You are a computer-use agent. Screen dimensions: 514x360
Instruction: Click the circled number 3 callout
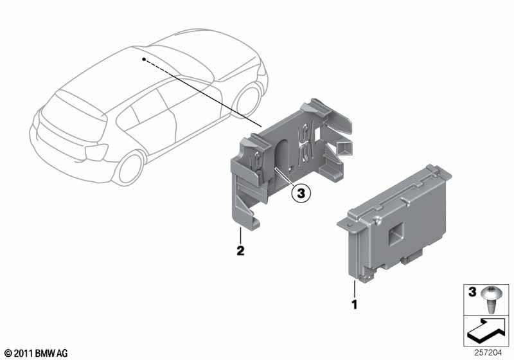coord(301,193)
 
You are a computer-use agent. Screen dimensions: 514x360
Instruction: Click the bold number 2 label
coord(240,251)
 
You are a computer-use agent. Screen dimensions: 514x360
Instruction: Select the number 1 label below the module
coord(354,305)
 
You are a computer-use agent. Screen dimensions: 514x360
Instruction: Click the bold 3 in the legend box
coord(472,292)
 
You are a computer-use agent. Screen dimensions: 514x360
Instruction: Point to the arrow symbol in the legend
coord(486,331)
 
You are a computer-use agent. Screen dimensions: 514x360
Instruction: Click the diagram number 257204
coord(488,353)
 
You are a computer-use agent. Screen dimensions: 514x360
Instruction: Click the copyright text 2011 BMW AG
coord(37,353)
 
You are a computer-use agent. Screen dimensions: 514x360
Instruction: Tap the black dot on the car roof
coord(143,59)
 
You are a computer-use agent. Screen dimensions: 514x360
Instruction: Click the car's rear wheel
coord(130,168)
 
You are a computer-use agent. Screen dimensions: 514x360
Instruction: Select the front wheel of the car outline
coord(248,100)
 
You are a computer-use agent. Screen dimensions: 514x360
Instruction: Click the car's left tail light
coord(95,152)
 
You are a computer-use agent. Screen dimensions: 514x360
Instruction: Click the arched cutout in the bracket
coord(282,156)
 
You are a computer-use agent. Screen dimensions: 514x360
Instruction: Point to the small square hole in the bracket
coord(317,133)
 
